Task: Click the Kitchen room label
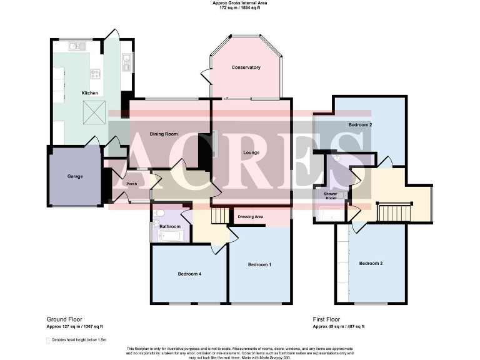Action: tap(90, 93)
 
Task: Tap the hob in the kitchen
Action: tap(96, 74)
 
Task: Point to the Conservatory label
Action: tap(246, 67)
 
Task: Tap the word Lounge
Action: tap(251, 152)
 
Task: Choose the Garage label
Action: tap(75, 176)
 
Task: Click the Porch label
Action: tap(131, 184)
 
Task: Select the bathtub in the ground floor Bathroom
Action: tap(169, 236)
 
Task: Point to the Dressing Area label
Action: tap(251, 217)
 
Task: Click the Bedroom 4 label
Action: tap(189, 274)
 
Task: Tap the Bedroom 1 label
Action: tap(259, 265)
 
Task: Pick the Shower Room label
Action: tap(330, 196)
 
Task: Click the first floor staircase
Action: tap(394, 211)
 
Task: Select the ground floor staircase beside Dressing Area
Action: tap(219, 216)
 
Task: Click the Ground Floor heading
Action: tap(64, 319)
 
